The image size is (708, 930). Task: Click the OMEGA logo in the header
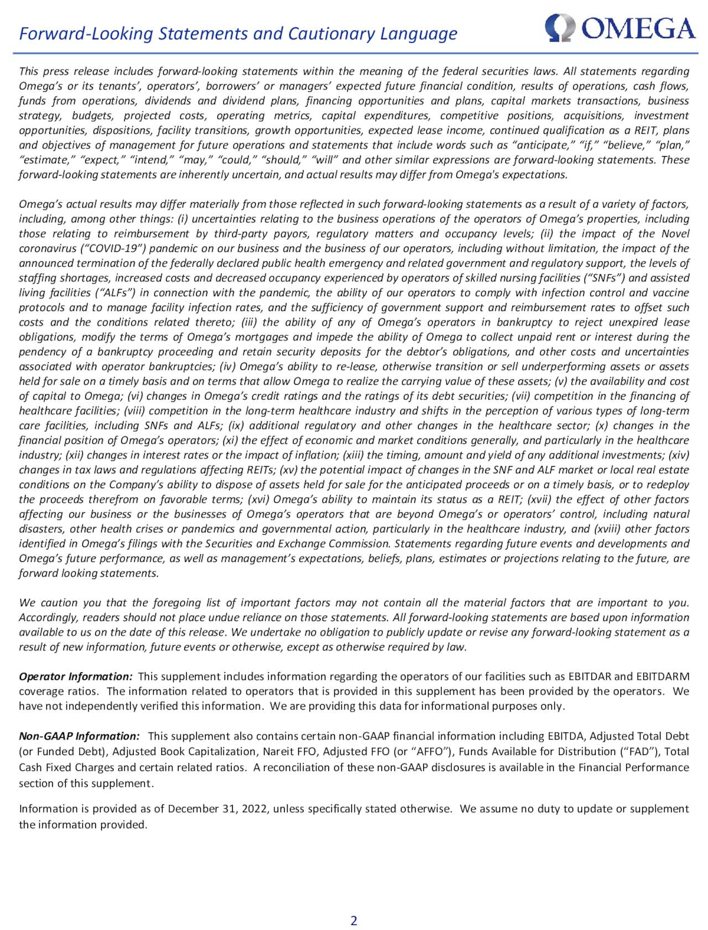[620, 28]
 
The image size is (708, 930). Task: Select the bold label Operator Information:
[76, 676]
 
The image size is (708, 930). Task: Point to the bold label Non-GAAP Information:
[79, 736]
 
